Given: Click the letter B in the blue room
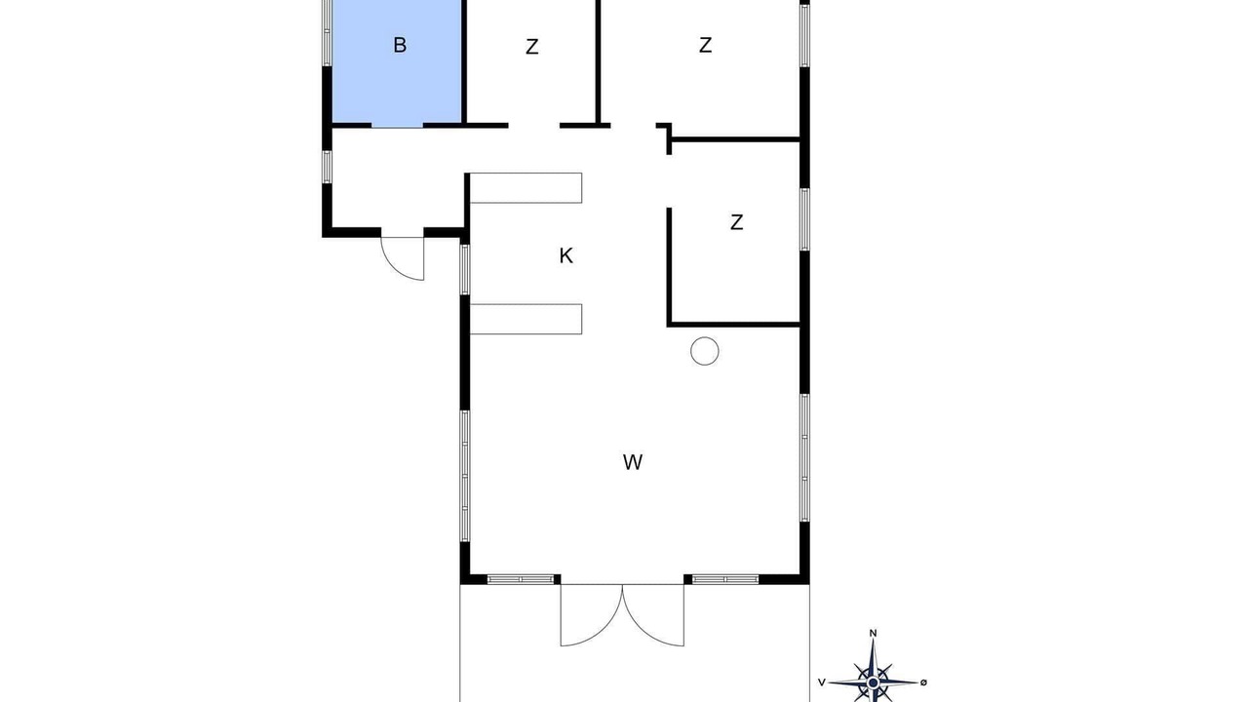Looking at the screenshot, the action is pyautogui.click(x=400, y=45).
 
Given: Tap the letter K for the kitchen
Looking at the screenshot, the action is pyautogui.click(x=566, y=256).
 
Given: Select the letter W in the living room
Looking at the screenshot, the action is pyautogui.click(x=633, y=462).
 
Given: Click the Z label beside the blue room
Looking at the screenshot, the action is pyautogui.click(x=532, y=47).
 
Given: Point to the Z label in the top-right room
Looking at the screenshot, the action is pyautogui.click(x=705, y=45).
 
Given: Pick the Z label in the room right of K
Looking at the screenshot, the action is pyautogui.click(x=736, y=223).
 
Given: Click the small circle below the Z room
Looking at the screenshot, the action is pyautogui.click(x=705, y=352).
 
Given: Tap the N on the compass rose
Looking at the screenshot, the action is pyautogui.click(x=873, y=633).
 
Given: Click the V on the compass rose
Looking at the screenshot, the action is pyautogui.click(x=821, y=682).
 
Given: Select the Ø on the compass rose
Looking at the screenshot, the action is pyautogui.click(x=923, y=682).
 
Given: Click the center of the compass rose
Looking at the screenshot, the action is pyautogui.click(x=873, y=682).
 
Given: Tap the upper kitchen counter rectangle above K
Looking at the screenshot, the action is pyautogui.click(x=526, y=188).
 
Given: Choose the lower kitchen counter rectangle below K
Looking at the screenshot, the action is pyautogui.click(x=526, y=319).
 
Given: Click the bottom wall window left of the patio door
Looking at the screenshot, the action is pyautogui.click(x=521, y=579).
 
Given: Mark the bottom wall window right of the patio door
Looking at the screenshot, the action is pyautogui.click(x=724, y=579).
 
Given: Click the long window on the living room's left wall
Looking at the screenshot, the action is pyautogui.click(x=465, y=476).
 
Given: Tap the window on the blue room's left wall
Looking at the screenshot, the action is pyautogui.click(x=327, y=33).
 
